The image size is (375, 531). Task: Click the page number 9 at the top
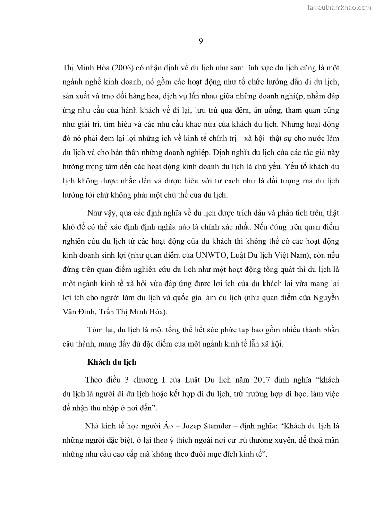point(201,41)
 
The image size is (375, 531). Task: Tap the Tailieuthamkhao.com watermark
point(339,7)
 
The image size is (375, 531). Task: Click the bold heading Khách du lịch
point(111,362)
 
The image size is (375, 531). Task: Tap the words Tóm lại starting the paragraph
point(100,329)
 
